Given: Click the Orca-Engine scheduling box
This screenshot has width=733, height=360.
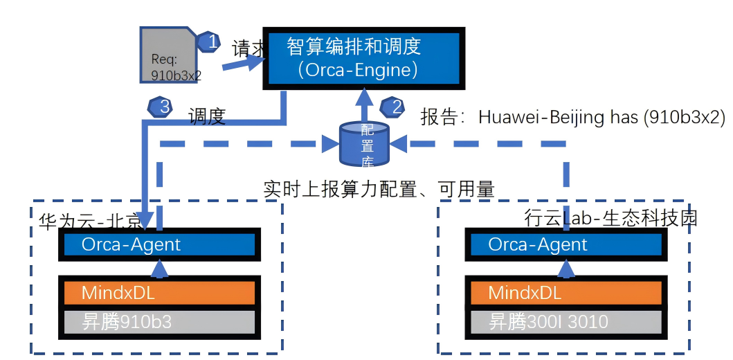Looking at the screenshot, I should coord(364,58).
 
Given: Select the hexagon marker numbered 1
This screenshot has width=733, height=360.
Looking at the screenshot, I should coord(210,42).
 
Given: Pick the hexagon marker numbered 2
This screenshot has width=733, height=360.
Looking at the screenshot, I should coord(392,107).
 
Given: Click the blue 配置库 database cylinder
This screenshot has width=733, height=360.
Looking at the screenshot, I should coord(364,144).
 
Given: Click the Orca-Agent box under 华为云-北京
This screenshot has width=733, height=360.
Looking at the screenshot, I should coord(159,244).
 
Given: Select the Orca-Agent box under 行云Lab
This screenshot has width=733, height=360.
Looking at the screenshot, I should coord(565,244).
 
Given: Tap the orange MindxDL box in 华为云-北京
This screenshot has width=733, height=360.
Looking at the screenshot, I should coord(159,293).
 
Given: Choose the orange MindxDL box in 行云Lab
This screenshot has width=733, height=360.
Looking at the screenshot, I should coord(565,293).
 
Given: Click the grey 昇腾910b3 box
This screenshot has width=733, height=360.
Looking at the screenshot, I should coord(159,321).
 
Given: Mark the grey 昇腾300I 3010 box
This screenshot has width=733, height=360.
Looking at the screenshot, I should coord(565,321).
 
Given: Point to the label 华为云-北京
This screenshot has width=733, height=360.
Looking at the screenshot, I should coord(89,221).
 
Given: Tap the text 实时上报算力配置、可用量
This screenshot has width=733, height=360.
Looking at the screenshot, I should coord(379,189).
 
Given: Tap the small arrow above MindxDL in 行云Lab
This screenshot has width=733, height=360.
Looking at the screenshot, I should coord(566,269).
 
